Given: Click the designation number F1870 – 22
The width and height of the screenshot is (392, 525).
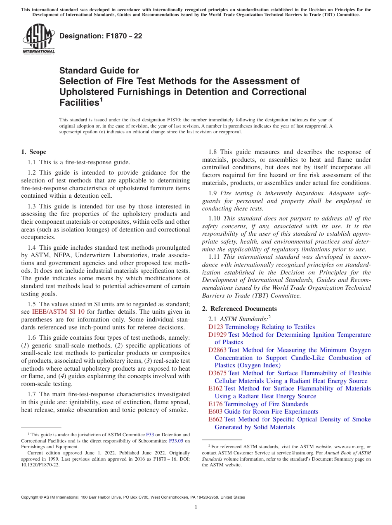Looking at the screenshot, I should point(101,36).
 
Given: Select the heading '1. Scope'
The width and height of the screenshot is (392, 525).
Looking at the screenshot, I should point(33,152).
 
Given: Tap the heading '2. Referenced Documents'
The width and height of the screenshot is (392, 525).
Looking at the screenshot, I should point(239,309).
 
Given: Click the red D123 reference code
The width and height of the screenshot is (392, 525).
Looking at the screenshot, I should point(215,327).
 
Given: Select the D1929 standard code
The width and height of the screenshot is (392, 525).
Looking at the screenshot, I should point(217,335).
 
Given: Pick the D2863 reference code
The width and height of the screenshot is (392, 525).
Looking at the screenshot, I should point(217,350).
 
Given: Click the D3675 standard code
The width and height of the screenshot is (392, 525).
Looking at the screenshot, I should point(217,373).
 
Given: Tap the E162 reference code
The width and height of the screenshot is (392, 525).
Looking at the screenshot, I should point(215,388).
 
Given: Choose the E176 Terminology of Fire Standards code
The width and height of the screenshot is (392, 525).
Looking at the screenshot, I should point(215,404).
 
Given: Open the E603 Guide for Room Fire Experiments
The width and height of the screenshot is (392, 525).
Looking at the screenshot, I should point(215,411).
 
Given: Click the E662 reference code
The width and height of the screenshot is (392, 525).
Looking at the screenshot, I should point(215,419).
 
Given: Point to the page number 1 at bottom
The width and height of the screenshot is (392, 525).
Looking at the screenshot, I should point(196,507).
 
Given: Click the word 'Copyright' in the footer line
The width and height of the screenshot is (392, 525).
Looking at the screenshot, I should point(30,497).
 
